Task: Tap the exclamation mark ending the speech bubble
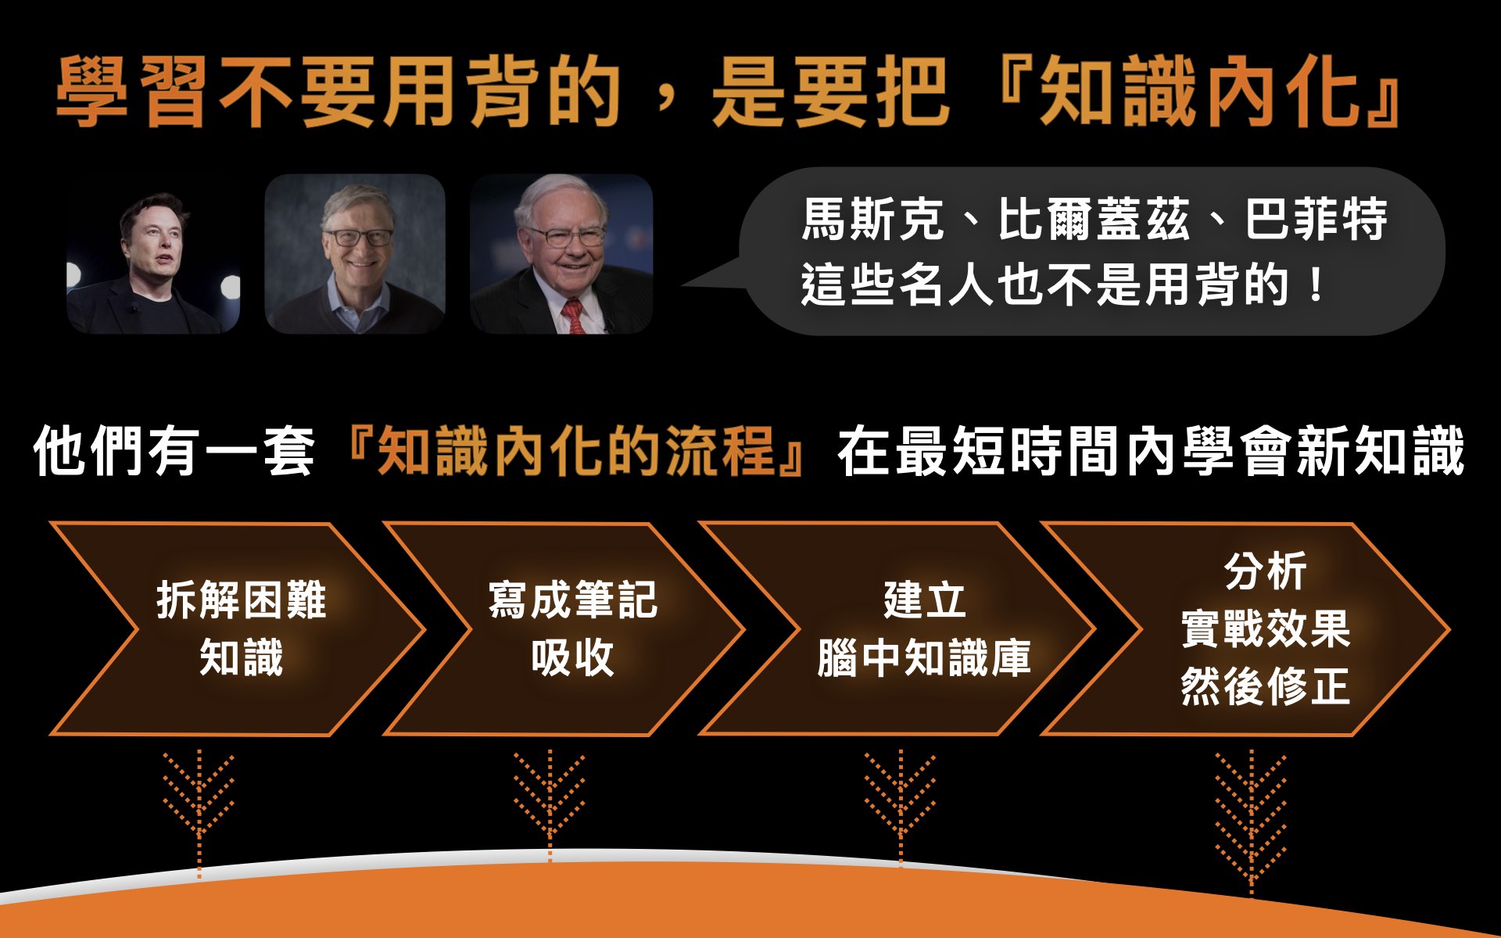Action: (1317, 284)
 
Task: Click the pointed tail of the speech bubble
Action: (685, 285)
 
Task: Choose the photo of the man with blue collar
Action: (355, 254)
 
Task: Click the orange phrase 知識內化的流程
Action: (575, 451)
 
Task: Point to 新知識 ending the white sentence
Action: (1380, 451)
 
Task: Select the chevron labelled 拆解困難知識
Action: (238, 629)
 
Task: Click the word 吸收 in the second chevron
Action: (573, 657)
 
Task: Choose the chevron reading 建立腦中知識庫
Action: (899, 629)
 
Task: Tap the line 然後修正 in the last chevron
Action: (1266, 686)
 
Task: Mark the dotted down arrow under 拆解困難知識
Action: (199, 813)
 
